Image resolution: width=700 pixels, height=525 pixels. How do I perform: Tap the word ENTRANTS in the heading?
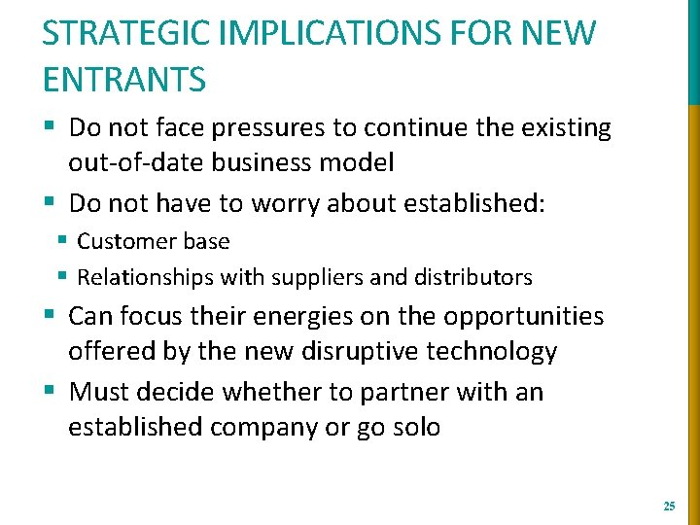pos(124,78)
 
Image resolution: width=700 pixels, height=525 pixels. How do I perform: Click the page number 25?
pos(668,507)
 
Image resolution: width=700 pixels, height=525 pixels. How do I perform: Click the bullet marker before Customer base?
pos(62,240)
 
